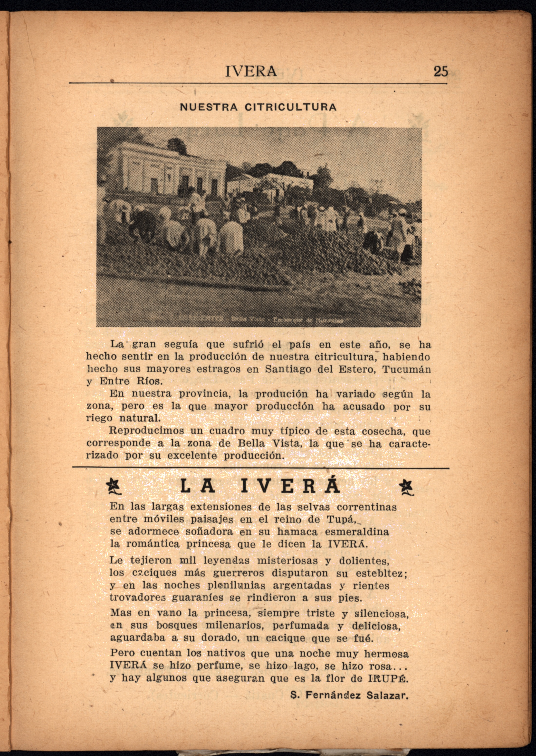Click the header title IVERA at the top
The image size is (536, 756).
[x=251, y=71]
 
